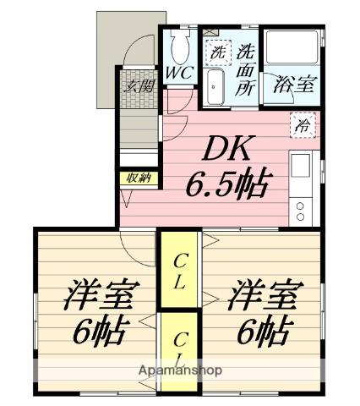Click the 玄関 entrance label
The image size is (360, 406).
point(139,85)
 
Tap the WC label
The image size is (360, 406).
point(180,73)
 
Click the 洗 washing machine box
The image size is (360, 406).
point(218,52)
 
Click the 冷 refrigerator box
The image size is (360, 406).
point(302,125)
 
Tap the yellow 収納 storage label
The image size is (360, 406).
point(138,177)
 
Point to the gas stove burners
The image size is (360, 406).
point(302,209)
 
